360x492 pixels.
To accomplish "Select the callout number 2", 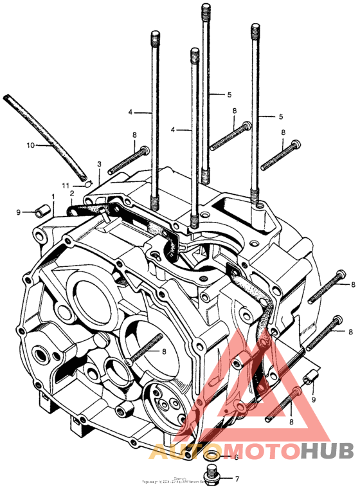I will (x=71, y=193).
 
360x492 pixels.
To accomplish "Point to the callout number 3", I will (x=99, y=165).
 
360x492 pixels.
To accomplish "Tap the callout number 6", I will (x=236, y=457).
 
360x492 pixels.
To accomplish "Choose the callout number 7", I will (x=237, y=479).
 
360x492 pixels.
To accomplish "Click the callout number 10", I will (x=30, y=145).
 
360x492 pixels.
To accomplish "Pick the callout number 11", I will (x=65, y=185).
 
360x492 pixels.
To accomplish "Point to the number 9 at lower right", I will (x=314, y=399).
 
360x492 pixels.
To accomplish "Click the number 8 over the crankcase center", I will (x=164, y=351).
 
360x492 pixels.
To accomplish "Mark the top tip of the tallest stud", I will (x=206, y=6).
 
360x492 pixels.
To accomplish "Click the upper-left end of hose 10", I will (x=5, y=96).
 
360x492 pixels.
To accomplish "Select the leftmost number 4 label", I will (x=130, y=112).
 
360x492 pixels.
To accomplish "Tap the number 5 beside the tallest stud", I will (x=229, y=95).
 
